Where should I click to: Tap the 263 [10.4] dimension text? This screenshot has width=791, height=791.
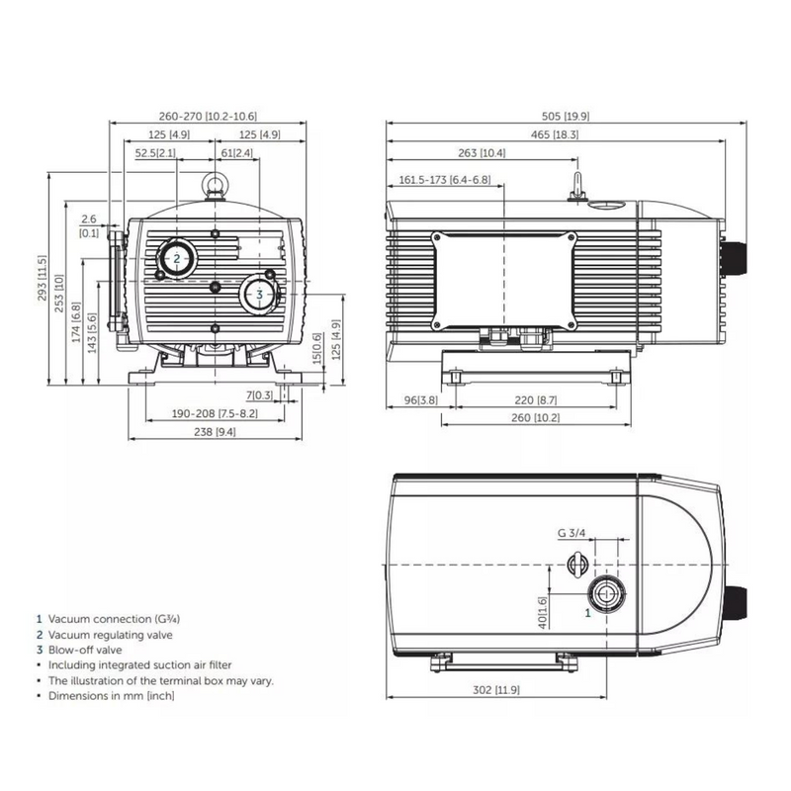point(483,153)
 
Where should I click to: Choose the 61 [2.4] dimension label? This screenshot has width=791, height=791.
point(236,153)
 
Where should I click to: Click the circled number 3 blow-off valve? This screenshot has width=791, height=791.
point(259,294)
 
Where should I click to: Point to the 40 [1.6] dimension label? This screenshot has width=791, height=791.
point(542,614)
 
